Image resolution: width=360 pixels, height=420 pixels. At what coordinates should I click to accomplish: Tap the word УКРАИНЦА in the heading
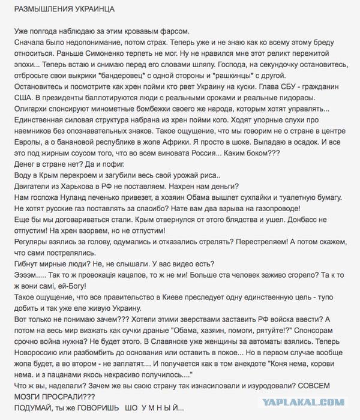point(94,11)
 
